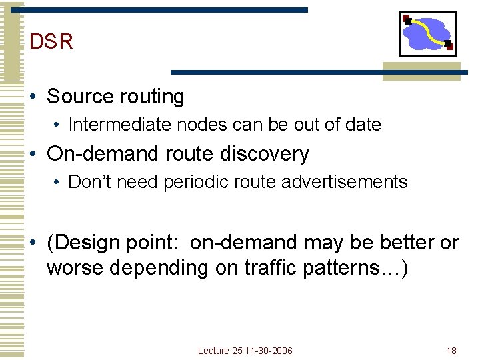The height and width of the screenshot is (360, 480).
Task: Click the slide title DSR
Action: point(51,42)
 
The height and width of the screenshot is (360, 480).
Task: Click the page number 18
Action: point(451,351)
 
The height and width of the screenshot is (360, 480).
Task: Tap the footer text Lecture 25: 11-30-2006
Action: point(245,351)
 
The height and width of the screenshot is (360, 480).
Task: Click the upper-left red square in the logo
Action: point(406,19)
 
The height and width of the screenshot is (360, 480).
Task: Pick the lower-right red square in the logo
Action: point(449,46)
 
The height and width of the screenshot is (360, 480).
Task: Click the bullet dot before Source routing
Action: point(33,97)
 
